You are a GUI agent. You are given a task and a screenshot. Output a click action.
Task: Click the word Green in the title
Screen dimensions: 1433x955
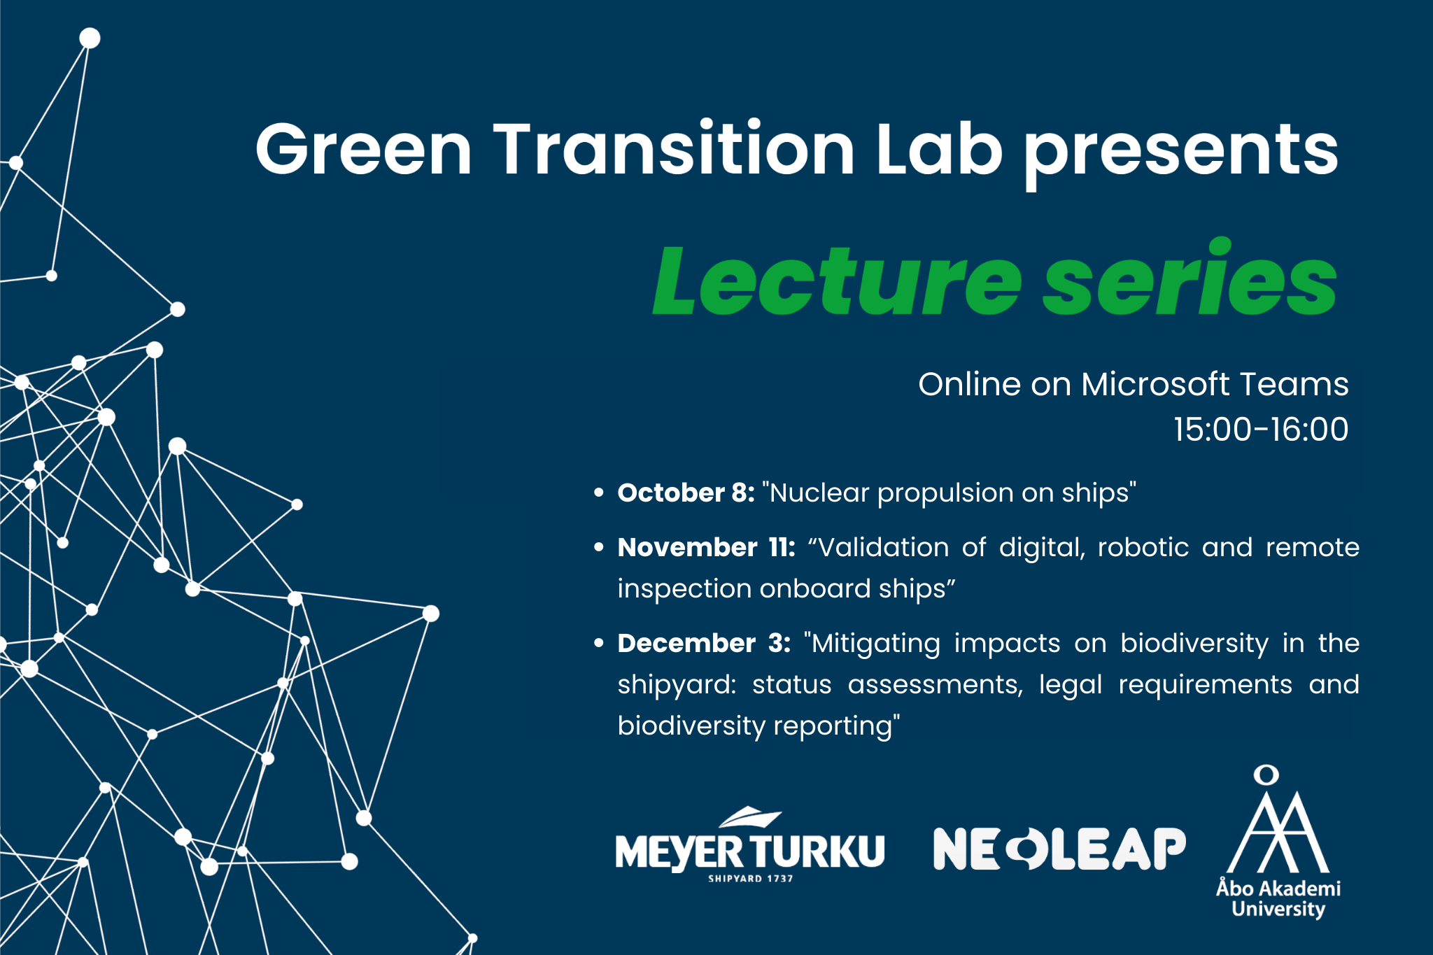point(364,148)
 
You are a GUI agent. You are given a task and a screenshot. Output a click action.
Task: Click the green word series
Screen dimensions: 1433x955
point(1190,277)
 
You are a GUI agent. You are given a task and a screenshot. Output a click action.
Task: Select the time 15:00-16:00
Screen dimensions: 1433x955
point(1261,429)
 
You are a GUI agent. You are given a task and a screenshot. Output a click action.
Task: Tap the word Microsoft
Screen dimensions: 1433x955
point(1155,384)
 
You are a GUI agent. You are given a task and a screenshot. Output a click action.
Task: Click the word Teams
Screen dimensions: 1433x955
point(1294,384)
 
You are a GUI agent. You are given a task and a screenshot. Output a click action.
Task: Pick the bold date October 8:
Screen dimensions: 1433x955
point(686,493)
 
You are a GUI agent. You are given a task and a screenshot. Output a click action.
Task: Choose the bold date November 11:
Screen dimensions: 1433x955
point(706,547)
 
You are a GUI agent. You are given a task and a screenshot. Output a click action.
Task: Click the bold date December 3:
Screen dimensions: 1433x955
point(704,643)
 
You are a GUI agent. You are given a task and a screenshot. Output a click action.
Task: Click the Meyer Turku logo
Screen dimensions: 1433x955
point(750,845)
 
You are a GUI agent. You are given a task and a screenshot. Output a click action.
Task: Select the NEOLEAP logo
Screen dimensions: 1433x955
point(1059,849)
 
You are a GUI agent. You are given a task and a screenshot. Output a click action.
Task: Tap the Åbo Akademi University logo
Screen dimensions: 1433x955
point(1278,842)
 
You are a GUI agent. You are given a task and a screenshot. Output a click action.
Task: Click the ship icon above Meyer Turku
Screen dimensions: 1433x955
point(751,816)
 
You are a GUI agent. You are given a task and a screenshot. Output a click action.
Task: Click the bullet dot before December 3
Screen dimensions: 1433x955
point(598,643)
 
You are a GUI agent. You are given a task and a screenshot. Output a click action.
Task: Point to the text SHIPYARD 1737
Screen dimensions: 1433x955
point(751,879)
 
